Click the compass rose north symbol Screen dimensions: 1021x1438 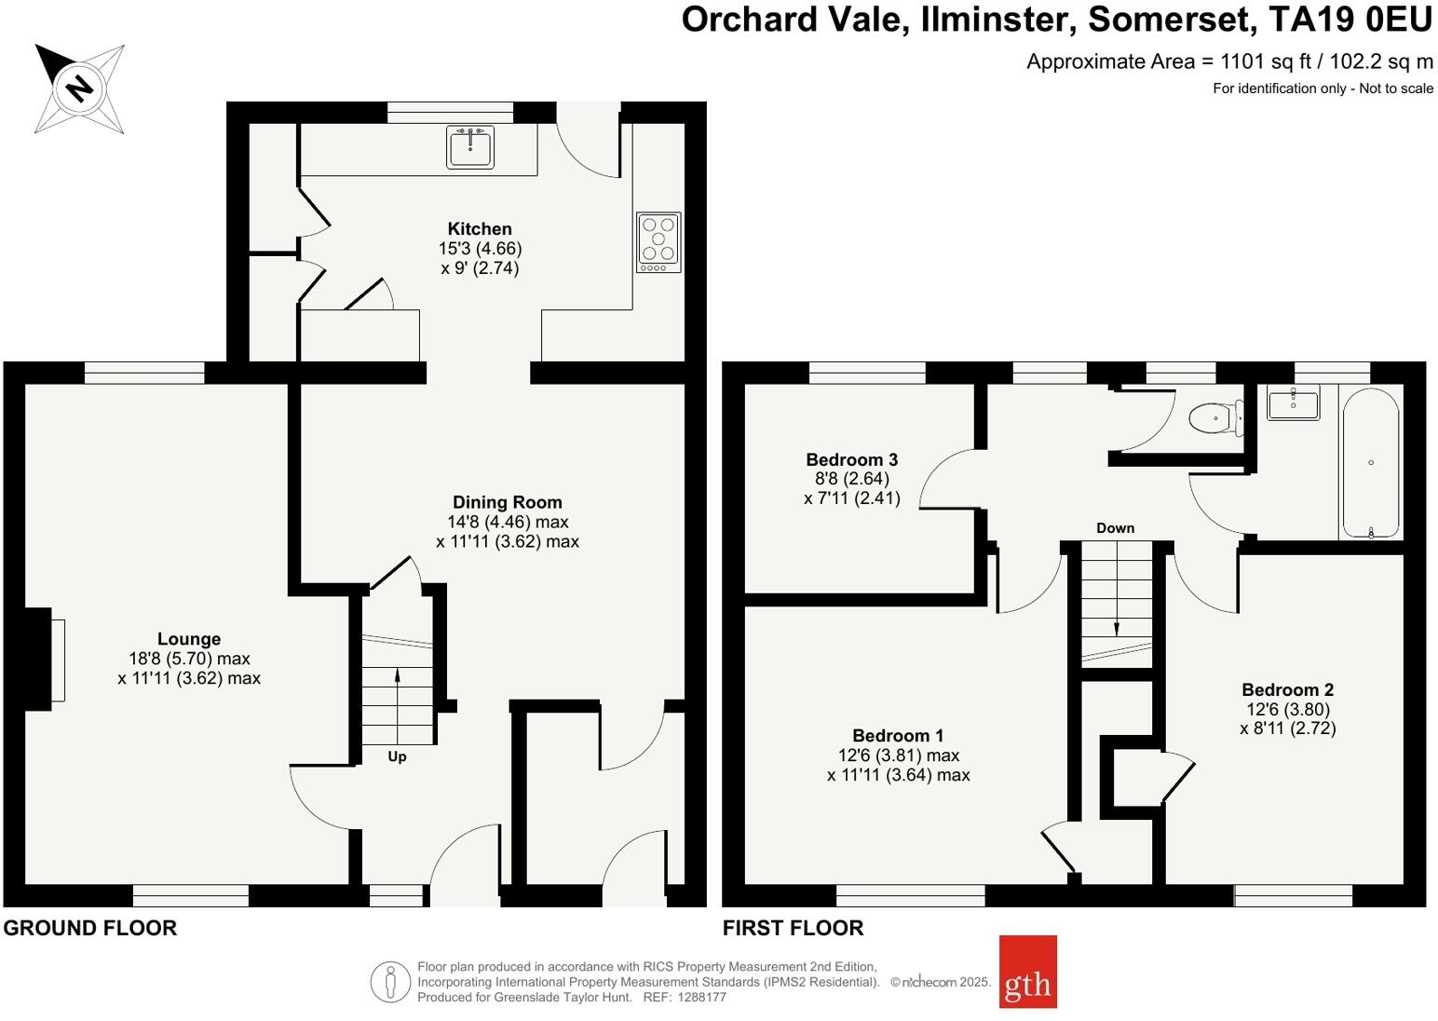pyautogui.click(x=79, y=88)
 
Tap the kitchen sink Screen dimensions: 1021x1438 pyautogui.click(x=470, y=146)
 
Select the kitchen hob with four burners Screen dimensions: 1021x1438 pyautogui.click(x=658, y=242)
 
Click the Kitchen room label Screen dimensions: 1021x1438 pyautogui.click(x=480, y=229)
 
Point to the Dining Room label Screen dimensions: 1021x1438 pyautogui.click(x=508, y=502)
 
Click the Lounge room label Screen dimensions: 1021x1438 pyautogui.click(x=189, y=639)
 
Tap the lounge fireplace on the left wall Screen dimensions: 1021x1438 pyautogui.click(x=44, y=660)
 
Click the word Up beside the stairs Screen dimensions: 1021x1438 pyautogui.click(x=397, y=756)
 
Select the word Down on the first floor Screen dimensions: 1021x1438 pyautogui.click(x=1115, y=528)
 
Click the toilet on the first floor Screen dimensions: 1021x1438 pyautogui.click(x=1215, y=418)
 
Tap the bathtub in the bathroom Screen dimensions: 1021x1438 pyautogui.click(x=1369, y=463)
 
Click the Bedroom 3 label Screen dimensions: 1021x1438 pyautogui.click(x=851, y=459)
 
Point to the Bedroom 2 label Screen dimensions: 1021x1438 pyautogui.click(x=1287, y=690)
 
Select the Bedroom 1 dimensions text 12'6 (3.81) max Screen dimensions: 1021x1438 pyautogui.click(x=898, y=756)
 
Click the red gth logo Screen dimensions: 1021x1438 pyautogui.click(x=1027, y=972)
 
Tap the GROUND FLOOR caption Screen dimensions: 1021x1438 pyautogui.click(x=90, y=928)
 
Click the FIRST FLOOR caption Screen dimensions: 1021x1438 pyautogui.click(x=793, y=928)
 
